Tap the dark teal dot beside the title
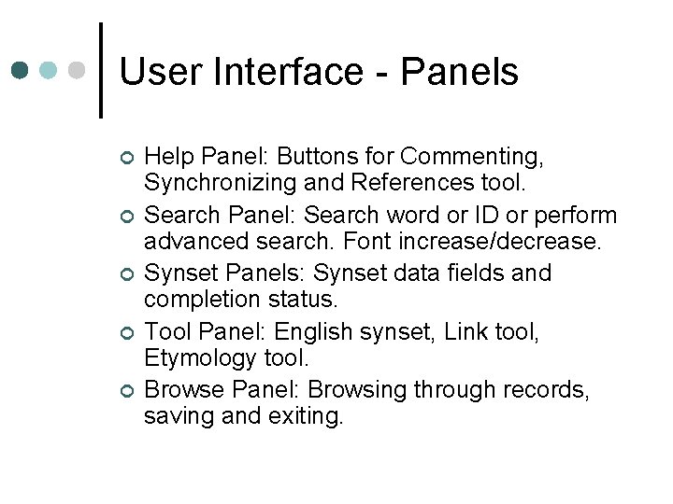coord(21,70)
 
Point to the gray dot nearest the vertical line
coord(78,70)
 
